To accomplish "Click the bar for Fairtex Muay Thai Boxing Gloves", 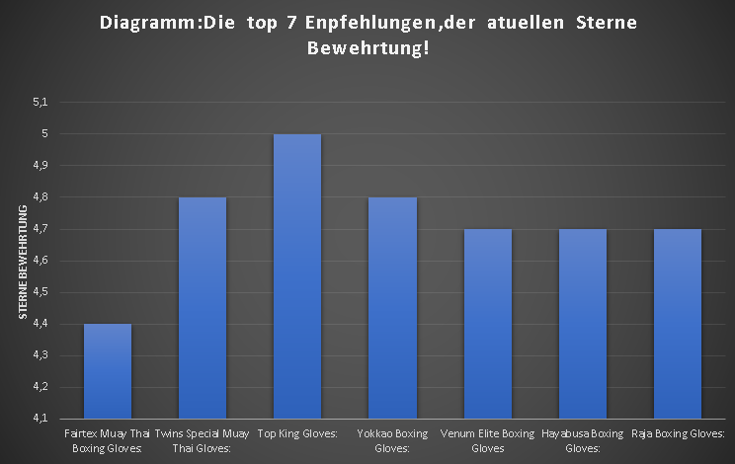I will click(x=108, y=370).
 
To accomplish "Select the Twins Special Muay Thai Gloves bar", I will click(x=203, y=307).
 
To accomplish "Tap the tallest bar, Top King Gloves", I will click(x=297, y=275).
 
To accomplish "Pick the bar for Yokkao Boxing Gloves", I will click(x=392, y=307).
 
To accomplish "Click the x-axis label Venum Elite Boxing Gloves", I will click(x=487, y=440).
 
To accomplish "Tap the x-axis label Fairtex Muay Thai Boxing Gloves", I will click(x=108, y=440).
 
